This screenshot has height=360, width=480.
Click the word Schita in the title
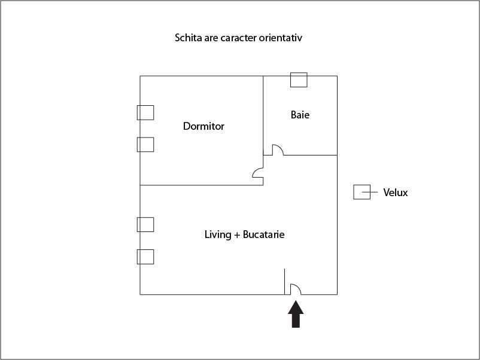pos(188,38)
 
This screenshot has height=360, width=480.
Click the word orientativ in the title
pos(280,38)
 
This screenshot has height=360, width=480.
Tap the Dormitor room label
pos(203,126)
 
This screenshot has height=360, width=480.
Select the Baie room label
pos(300,115)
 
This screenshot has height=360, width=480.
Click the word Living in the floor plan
pos(218,234)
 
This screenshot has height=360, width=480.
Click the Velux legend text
pos(396,193)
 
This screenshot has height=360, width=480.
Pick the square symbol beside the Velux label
pos(361,192)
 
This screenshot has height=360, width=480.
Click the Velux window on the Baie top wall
pos(299,80)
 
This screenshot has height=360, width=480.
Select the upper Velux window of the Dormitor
pos(145,112)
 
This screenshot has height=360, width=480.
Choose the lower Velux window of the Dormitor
pos(145,144)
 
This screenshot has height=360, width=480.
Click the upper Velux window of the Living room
pos(145,224)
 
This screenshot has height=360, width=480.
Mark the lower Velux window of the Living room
pos(145,257)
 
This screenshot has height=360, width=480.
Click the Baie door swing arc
pos(278,149)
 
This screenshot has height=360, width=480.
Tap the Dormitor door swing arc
pos(258,173)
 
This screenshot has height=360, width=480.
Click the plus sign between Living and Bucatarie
pos(237,235)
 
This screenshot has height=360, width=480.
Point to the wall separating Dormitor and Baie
pos(263,114)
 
